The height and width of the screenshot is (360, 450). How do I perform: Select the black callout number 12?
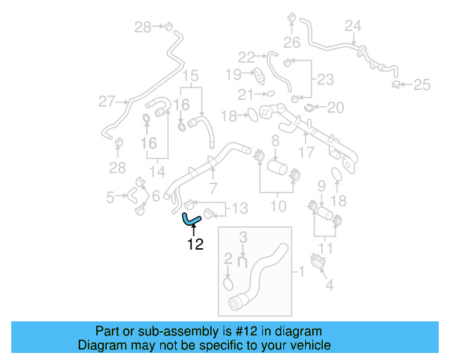point(195,245)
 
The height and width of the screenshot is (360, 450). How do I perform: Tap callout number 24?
point(353,26)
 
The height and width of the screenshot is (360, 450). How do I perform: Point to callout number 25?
point(421,85)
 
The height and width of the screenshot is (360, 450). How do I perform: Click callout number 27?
point(106,102)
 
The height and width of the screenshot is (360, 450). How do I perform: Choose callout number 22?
point(246,57)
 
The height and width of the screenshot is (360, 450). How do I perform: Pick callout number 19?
point(233,73)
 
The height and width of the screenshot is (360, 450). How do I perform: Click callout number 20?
point(336,108)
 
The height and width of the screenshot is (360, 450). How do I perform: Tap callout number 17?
point(307,151)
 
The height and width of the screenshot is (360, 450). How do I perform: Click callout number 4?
point(328,285)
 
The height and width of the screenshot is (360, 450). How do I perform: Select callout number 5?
point(110,198)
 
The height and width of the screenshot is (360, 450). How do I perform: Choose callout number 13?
point(240,208)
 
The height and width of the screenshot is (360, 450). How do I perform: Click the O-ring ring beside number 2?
point(228,283)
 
